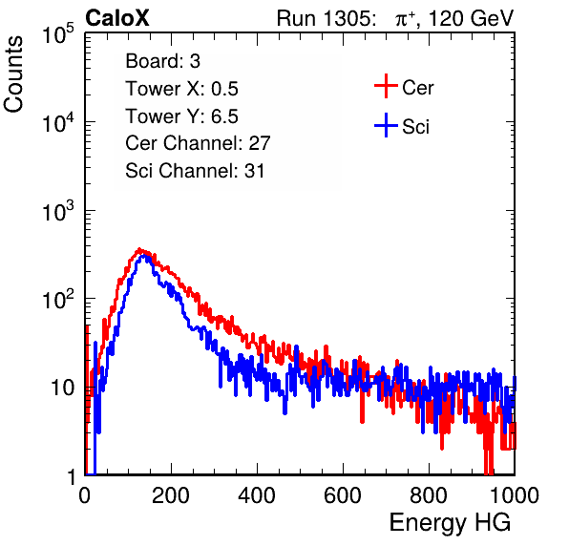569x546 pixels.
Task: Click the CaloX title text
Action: coord(117,18)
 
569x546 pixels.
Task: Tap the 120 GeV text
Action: coord(471,18)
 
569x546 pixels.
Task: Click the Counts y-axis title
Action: coord(13,74)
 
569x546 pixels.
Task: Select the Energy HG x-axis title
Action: coord(450,523)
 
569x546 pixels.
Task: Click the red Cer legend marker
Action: coord(386,86)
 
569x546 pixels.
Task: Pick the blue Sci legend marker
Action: coord(386,125)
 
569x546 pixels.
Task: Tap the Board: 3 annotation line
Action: coord(162,61)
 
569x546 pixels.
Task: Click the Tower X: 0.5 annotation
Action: coord(181,89)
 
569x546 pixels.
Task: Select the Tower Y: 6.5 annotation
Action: coord(181,116)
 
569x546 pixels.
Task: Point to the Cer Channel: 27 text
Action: coord(198,143)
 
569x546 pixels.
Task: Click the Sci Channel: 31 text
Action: coord(195,171)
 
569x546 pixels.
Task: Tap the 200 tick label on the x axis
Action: coord(171,495)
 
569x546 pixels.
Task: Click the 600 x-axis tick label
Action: coord(343,495)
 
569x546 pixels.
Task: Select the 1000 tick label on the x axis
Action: coord(515,495)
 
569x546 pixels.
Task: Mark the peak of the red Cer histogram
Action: coord(139,249)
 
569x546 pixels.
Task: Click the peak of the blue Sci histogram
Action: coord(145,256)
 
